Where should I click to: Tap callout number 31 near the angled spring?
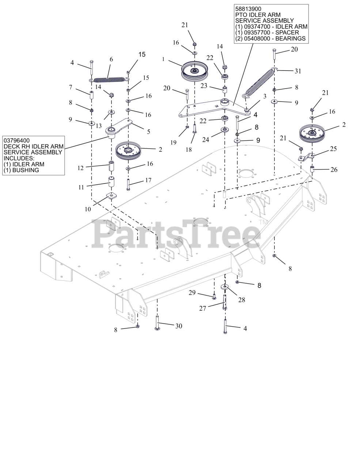298,71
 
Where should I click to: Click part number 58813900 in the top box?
248,8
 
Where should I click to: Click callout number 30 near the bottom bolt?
178,326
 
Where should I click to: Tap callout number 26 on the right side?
334,170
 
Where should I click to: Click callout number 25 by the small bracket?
333,149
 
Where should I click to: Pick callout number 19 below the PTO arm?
173,142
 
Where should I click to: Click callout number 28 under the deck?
242,300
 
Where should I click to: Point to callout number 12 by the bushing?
81,168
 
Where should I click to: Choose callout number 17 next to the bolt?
148,180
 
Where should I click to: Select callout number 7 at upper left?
71,87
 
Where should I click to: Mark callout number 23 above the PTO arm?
204,86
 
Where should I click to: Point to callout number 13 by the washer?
99,126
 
